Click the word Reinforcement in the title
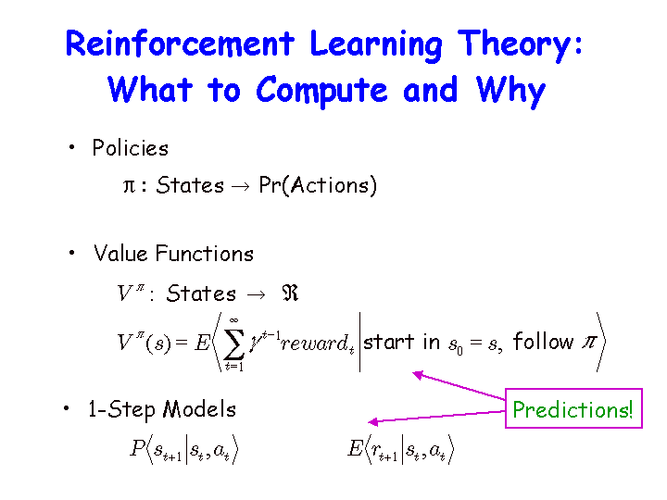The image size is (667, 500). pyautogui.click(x=180, y=44)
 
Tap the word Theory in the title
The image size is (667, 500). pyautogui.click(x=516, y=46)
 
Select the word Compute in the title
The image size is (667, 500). pyautogui.click(x=321, y=91)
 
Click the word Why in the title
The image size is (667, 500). pyautogui.click(x=510, y=92)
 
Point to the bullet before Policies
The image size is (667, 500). pyautogui.click(x=71, y=147)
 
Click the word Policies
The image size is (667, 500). pyautogui.click(x=131, y=147)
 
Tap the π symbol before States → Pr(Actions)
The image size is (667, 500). pyautogui.click(x=129, y=186)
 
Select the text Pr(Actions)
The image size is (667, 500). pyautogui.click(x=318, y=185)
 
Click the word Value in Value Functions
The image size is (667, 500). pyautogui.click(x=120, y=254)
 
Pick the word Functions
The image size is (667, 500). pyautogui.click(x=205, y=254)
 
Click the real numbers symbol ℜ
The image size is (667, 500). pyautogui.click(x=290, y=294)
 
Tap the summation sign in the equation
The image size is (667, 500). pyautogui.click(x=234, y=344)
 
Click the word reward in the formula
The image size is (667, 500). pyautogui.click(x=314, y=344)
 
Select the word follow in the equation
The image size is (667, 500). pyautogui.click(x=543, y=342)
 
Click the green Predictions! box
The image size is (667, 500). pyautogui.click(x=573, y=408)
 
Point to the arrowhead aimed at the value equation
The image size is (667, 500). pyautogui.click(x=417, y=375)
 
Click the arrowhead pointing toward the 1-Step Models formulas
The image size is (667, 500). pyautogui.click(x=372, y=422)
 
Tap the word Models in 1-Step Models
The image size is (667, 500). pyautogui.click(x=199, y=409)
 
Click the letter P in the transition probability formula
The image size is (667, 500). pyautogui.click(x=137, y=448)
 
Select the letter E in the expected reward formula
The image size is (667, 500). pyautogui.click(x=355, y=448)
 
